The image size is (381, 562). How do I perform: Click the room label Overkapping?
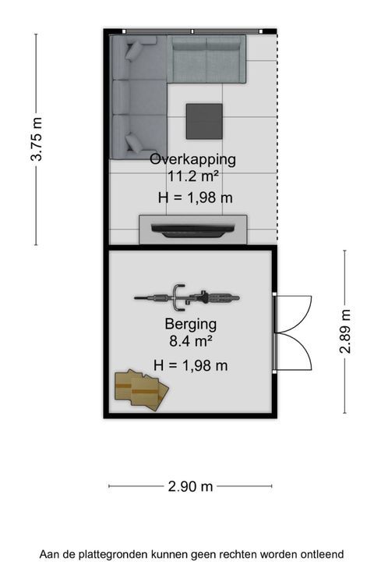(x=192, y=159)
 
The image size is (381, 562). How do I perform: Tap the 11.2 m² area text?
(x=193, y=176)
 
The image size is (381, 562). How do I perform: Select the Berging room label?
(x=191, y=325)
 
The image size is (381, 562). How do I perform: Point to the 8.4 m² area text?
(x=191, y=341)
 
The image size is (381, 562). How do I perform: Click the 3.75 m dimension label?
(x=37, y=139)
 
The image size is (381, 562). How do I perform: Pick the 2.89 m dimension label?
(x=345, y=331)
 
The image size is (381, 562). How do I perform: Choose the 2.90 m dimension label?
(x=190, y=486)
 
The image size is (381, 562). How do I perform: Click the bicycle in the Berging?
(x=187, y=298)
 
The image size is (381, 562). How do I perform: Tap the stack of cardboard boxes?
(x=142, y=390)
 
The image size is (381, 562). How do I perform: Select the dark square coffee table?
(x=204, y=122)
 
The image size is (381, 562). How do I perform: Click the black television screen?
(x=193, y=230)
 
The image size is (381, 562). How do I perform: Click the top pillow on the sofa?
(x=133, y=50)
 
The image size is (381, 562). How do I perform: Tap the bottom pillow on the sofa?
(x=133, y=144)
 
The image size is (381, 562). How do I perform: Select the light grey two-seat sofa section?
(x=206, y=59)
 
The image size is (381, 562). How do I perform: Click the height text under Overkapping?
(x=196, y=197)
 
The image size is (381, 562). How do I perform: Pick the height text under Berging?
(x=191, y=365)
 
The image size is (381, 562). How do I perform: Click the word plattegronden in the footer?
(x=113, y=554)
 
